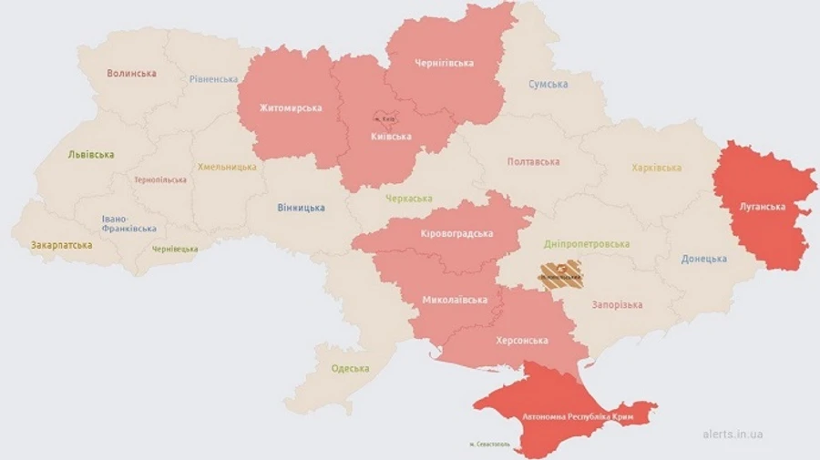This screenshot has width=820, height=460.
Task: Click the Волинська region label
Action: (131, 73)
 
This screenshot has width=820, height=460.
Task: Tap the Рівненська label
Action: (214, 79)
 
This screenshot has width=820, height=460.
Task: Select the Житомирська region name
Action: (291, 108)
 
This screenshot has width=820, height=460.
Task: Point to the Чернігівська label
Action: (444, 63)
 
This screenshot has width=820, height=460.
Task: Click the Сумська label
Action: (548, 84)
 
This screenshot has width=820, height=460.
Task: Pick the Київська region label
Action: (391, 137)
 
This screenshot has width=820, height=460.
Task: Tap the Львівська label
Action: (91, 155)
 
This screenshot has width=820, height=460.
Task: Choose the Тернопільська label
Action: (159, 179)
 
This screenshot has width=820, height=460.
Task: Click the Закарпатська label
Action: (61, 245)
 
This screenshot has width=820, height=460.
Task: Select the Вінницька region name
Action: (301, 208)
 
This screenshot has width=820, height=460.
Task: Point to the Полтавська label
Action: (533, 161)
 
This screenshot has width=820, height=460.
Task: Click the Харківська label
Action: (656, 168)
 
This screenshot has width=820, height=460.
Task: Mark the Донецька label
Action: (703, 259)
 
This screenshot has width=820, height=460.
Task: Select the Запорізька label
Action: (617, 304)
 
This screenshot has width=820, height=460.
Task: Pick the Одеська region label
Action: (350, 368)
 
